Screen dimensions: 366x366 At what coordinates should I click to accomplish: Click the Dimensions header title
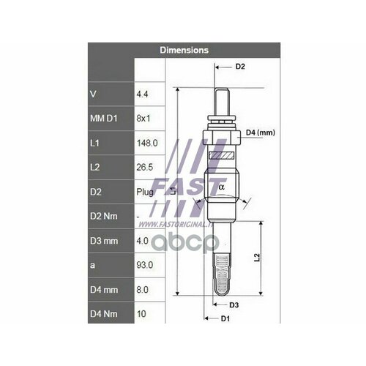184,51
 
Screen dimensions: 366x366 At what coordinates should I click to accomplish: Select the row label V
92,94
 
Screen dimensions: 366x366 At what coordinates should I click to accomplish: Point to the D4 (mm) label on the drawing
260,132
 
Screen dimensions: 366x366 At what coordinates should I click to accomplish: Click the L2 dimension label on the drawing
256,258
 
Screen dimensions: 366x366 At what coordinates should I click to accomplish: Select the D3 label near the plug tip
234,304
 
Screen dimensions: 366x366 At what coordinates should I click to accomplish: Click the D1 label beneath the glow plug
225,318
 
